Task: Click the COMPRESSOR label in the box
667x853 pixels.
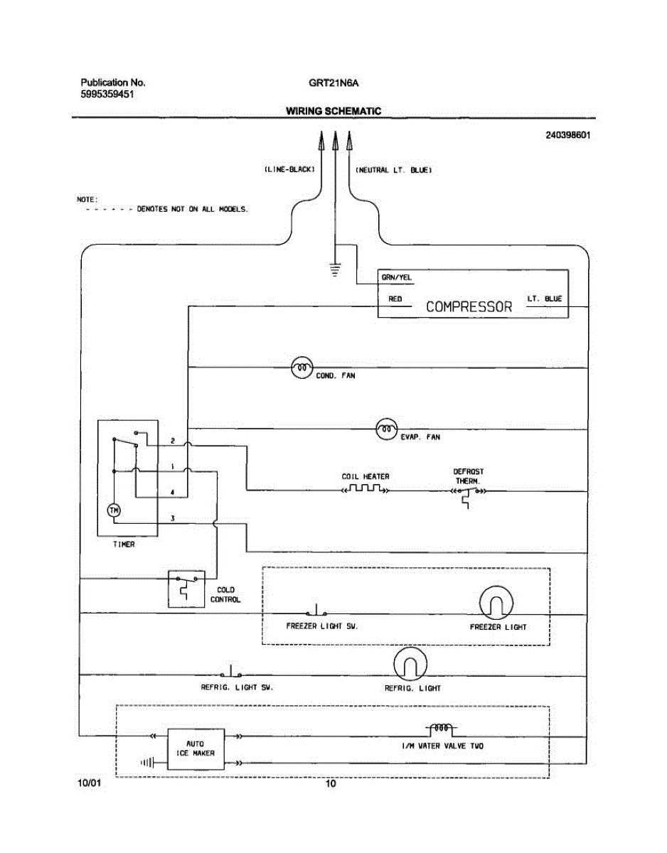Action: (469, 306)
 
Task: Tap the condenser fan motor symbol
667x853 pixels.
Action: (302, 368)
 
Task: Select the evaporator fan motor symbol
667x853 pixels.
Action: (387, 429)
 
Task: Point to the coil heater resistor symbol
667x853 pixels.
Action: (365, 489)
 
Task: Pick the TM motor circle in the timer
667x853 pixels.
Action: (114, 510)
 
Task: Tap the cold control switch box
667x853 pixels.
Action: (186, 589)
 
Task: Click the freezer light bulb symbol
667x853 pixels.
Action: (496, 603)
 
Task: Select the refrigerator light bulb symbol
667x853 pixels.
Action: (410, 664)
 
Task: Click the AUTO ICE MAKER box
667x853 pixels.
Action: (196, 749)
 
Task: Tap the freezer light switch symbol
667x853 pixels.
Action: (316, 610)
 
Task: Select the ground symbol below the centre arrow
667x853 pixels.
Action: (334, 269)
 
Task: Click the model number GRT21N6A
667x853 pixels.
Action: (333, 83)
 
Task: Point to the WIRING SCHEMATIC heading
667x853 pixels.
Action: (333, 111)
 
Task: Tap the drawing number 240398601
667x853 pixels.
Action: (567, 135)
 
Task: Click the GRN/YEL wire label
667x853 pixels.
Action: (397, 277)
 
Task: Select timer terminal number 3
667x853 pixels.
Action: (172, 518)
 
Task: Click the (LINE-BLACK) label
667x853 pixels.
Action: (289, 170)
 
